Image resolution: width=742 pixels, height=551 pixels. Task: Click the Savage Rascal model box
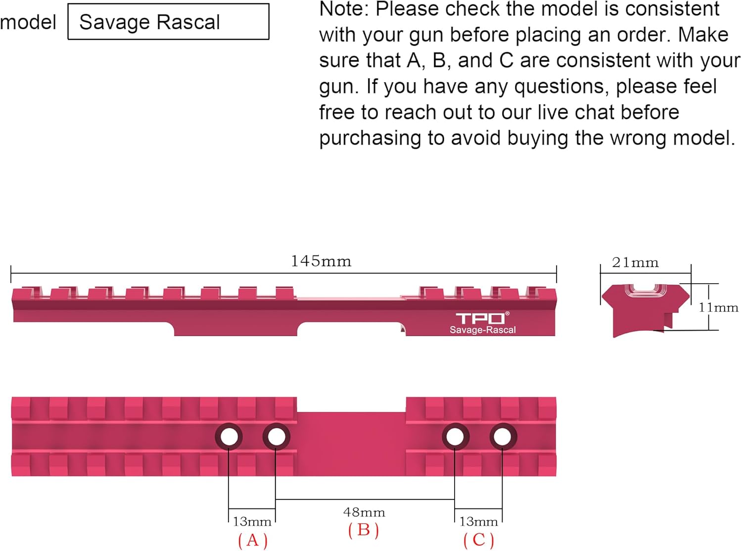tap(168, 22)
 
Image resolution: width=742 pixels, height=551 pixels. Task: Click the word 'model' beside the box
tap(28, 22)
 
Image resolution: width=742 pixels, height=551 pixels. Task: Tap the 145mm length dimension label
tap(321, 261)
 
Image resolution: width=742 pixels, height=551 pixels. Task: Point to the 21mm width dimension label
tap(635, 262)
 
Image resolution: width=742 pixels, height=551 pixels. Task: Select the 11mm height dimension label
tap(718, 307)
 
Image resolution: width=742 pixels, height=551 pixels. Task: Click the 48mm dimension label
tap(364, 512)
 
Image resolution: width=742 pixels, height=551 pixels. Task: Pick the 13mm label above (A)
tap(252, 521)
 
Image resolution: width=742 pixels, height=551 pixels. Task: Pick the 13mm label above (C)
tap(478, 521)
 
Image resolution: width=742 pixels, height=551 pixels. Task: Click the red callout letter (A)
tap(253, 540)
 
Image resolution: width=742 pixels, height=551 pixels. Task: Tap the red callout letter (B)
tap(364, 530)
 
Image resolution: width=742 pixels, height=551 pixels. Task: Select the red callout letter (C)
tap(479, 540)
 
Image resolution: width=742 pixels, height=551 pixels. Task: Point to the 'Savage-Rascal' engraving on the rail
tap(482, 330)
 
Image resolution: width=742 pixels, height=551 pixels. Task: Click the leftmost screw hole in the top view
tap(229, 437)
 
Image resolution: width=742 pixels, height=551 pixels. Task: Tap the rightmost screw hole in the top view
tap(503, 437)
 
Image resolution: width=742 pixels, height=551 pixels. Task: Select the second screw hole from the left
tap(276, 437)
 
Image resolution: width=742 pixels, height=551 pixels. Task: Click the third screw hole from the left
tap(455, 437)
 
